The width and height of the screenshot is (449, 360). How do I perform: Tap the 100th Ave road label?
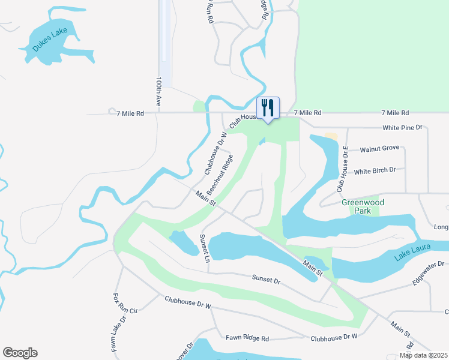point(159,91)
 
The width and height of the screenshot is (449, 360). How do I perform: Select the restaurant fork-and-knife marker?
point(268,109)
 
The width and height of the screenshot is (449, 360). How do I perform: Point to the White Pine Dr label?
point(403,128)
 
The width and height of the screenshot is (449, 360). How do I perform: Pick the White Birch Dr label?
point(375,170)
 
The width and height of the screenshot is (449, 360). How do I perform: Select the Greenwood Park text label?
point(363,206)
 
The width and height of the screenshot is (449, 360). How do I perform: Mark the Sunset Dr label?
point(266,280)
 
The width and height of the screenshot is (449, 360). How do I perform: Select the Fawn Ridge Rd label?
point(247,338)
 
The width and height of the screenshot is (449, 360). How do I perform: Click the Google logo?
point(20,353)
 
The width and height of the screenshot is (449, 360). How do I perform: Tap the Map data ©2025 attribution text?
point(423,355)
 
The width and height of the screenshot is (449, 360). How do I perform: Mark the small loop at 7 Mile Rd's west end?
point(112,111)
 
